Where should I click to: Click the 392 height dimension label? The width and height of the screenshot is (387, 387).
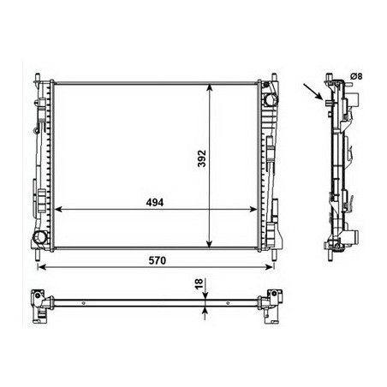tap(202, 158)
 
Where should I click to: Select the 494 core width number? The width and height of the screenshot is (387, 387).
tap(155, 202)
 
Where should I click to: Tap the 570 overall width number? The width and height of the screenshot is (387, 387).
tap(157, 260)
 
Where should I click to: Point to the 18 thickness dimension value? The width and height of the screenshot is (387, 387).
tap(199, 284)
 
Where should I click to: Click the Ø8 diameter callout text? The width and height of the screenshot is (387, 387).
tap(356, 76)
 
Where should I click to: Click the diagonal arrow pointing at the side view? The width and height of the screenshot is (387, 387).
tap(313, 92)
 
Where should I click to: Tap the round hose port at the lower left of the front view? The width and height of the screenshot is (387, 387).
tap(39, 237)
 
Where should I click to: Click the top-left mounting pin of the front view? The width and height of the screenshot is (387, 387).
tap(38, 77)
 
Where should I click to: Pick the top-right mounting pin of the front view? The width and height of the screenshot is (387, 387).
tap(274, 77)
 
